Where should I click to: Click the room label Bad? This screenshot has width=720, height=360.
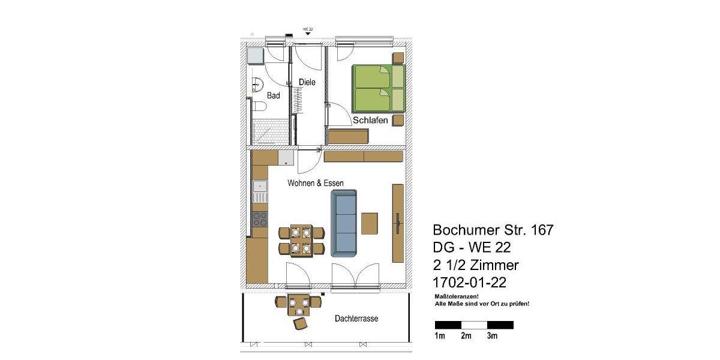pyautogui.click(x=274, y=95)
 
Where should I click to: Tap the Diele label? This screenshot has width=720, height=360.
pyautogui.click(x=307, y=82)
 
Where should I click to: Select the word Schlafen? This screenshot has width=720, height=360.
pyautogui.click(x=370, y=121)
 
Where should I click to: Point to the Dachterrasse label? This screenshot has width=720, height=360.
pyautogui.click(x=356, y=319)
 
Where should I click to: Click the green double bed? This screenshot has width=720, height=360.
pyautogui.click(x=378, y=88)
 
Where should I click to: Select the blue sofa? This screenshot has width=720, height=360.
pyautogui.click(x=344, y=222)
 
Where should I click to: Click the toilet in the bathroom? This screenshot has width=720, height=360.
pyautogui.click(x=259, y=106)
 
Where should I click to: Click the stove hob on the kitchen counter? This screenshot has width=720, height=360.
pyautogui.click(x=260, y=220)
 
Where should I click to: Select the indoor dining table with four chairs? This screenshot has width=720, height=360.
pyautogui.click(x=301, y=240)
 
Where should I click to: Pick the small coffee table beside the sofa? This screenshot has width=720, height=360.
pyautogui.click(x=370, y=224)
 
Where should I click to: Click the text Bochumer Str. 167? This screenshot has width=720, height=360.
pyautogui.click(x=493, y=230)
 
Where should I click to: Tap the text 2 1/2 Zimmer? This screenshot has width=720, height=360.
pyautogui.click(x=476, y=265)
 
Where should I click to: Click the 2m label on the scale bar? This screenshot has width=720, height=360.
pyautogui.click(x=466, y=336)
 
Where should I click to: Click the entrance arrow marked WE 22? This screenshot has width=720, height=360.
pyautogui.click(x=308, y=34)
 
